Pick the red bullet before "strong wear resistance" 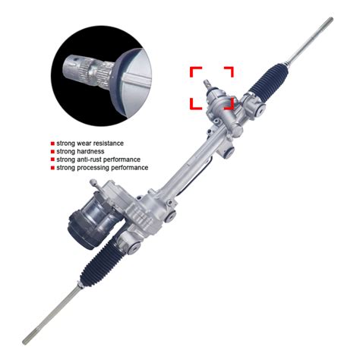tap(52, 143)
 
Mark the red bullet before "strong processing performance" tap(52, 168)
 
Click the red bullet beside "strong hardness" tap(52, 151)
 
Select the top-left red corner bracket tap(194, 71)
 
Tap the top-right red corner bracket tap(229, 71)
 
